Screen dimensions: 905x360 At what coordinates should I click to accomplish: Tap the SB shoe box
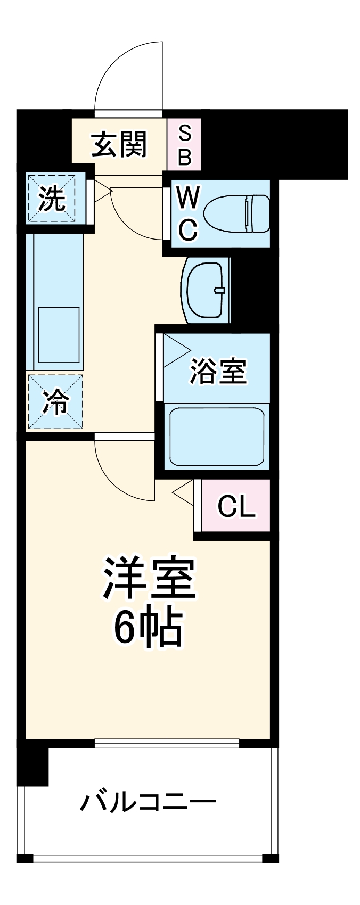184,145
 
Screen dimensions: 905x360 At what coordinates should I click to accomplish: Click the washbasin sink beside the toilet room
207,290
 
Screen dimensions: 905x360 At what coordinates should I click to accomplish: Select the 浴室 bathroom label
218,371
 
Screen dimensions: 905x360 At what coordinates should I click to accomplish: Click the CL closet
236,507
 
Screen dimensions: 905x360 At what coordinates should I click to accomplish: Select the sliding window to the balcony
167,743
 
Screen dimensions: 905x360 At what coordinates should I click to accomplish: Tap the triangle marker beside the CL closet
183,492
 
